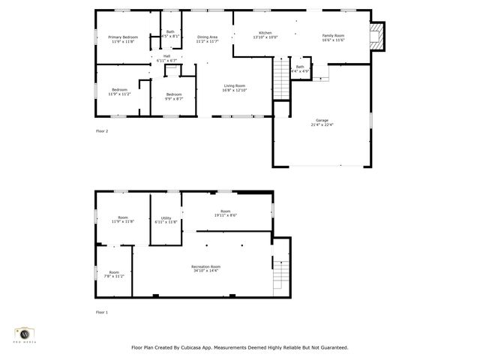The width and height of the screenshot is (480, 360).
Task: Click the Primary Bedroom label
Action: (x=123, y=37)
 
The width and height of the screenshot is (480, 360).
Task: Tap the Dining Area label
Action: (x=207, y=37)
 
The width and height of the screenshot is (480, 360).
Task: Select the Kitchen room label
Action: (x=265, y=32)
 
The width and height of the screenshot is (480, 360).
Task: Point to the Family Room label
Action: (x=333, y=35)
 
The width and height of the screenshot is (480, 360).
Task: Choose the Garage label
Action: (x=322, y=120)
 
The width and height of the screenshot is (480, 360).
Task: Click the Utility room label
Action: (x=166, y=217)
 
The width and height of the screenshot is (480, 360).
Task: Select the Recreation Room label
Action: (x=205, y=266)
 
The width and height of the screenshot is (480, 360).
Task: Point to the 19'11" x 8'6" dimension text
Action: (x=225, y=215)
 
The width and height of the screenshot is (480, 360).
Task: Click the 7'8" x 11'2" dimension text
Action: (x=114, y=276)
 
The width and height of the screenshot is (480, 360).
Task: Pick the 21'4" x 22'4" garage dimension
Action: (x=322, y=124)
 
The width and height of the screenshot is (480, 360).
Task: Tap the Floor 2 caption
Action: (x=102, y=131)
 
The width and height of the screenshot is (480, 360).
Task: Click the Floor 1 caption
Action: (x=102, y=312)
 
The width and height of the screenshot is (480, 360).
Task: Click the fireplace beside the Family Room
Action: (x=380, y=34)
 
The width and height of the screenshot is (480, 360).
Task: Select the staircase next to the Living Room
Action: (x=281, y=77)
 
